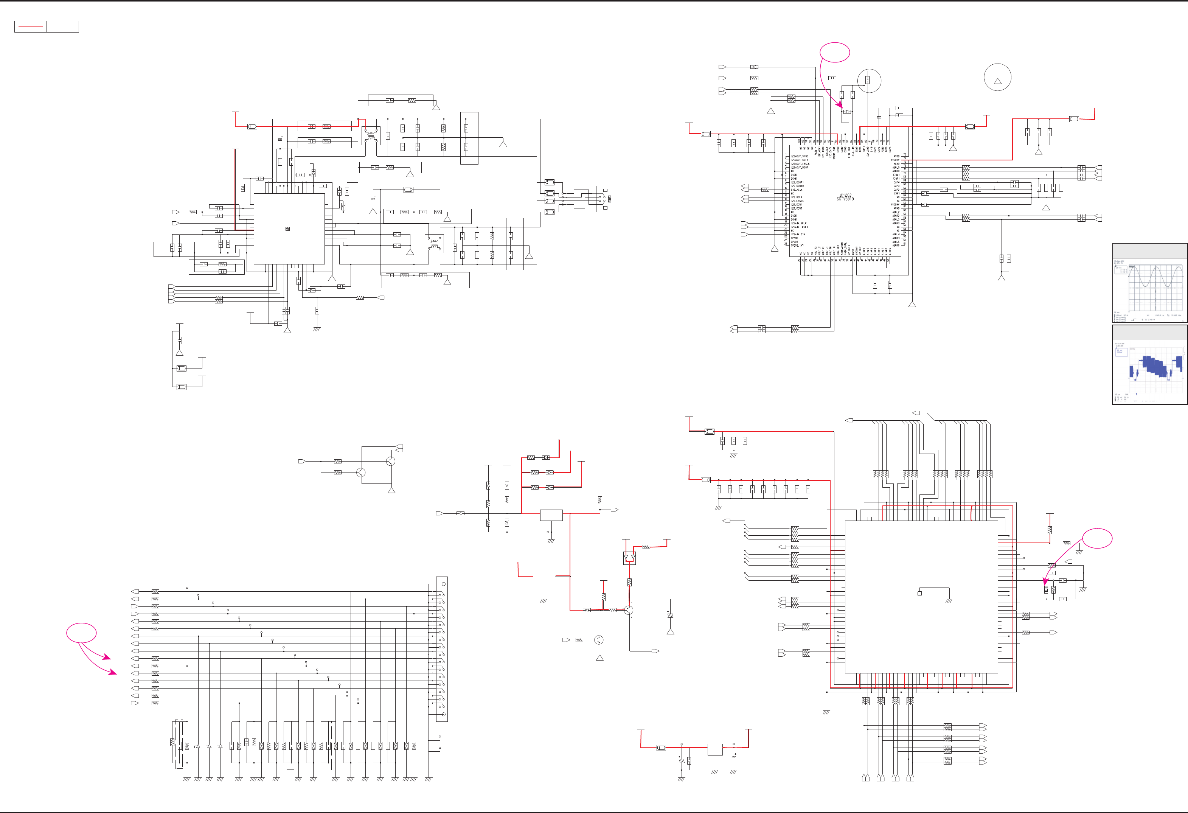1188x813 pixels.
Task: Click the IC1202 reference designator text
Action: [845, 195]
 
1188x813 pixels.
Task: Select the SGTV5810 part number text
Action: [845, 199]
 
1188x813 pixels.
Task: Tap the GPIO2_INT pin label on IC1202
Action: [797, 246]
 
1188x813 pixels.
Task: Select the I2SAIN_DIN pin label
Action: [798, 234]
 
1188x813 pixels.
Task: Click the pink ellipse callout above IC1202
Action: [835, 52]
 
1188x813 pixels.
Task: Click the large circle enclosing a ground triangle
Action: [997, 77]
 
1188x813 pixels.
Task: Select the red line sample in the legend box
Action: [30, 26]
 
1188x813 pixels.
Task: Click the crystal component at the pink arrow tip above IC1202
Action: [847, 112]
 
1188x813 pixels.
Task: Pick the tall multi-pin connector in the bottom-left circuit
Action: [442, 649]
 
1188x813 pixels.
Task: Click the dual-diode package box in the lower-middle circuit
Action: [629, 558]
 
